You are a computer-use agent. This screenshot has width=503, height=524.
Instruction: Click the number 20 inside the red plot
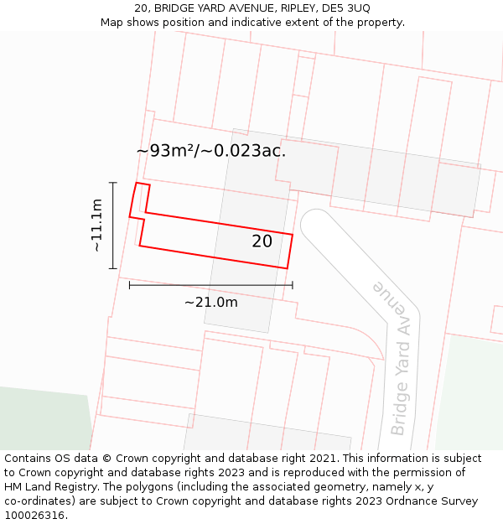pos(262,241)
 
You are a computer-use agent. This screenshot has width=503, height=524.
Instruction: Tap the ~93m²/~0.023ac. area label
pos(211,151)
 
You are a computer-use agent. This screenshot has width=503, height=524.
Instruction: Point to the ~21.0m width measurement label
pos(210,302)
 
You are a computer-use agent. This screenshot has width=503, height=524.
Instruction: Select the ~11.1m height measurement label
pos(97,226)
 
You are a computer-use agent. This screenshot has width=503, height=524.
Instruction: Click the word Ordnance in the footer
pos(402,501)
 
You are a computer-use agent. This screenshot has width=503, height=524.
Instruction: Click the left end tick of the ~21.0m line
pos(129,285)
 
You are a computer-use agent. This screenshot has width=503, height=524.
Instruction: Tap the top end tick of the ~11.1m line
pos(113,182)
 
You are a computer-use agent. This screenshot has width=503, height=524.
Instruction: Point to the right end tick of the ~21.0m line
pos(293,285)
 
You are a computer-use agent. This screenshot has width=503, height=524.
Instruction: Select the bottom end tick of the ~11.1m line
pos(113,268)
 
